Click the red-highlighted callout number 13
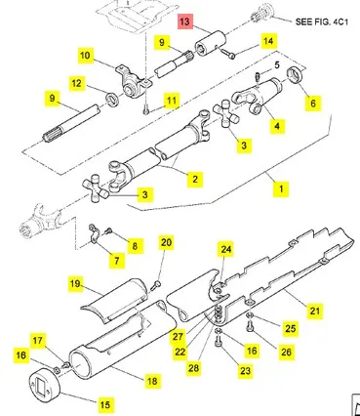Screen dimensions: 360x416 pyautogui.click(x=184, y=21)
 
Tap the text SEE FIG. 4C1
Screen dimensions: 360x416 pyautogui.click(x=321, y=22)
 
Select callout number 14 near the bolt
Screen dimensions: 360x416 pyautogui.click(x=268, y=41)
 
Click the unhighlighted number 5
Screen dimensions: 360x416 pyautogui.click(x=277, y=64)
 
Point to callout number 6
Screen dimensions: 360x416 pyautogui.click(x=313, y=104)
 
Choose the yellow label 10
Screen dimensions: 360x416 pyautogui.click(x=85, y=55)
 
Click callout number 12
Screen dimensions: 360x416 pyautogui.click(x=77, y=83)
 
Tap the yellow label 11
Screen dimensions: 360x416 pyautogui.click(x=172, y=101)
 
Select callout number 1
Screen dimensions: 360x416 pyautogui.click(x=281, y=188)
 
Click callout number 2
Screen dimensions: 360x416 pyautogui.click(x=195, y=179)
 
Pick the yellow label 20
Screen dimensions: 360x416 pyautogui.click(x=166, y=242)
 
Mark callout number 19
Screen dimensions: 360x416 pyautogui.click(x=75, y=283)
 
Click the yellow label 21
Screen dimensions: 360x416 pyautogui.click(x=315, y=311)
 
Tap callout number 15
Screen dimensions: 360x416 pyautogui.click(x=105, y=404)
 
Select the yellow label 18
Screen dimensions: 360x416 pyautogui.click(x=152, y=381)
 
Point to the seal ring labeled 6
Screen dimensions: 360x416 pyautogui.click(x=296, y=74)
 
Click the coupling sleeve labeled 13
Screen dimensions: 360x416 pyautogui.click(x=210, y=43)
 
